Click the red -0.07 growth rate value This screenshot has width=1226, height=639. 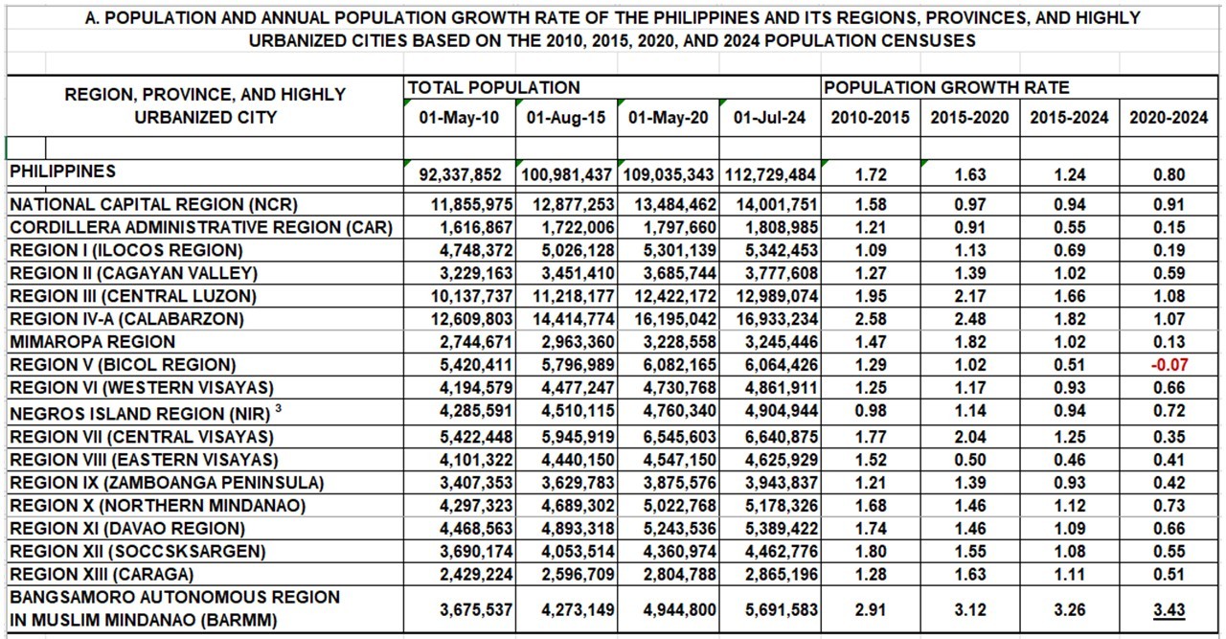tap(1169, 365)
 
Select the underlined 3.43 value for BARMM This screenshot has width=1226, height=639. tap(1169, 609)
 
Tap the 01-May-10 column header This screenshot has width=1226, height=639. tap(459, 118)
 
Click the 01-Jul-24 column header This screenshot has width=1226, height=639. tap(769, 118)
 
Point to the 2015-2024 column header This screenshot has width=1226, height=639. tap(1069, 118)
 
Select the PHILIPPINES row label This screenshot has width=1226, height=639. tap(62, 171)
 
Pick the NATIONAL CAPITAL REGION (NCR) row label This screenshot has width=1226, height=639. tap(153, 204)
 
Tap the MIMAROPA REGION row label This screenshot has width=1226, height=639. tap(93, 342)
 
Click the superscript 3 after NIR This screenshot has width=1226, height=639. tap(278, 409)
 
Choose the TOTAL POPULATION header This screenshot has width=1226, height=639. tap(493, 88)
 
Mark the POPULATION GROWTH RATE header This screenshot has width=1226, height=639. tap(946, 88)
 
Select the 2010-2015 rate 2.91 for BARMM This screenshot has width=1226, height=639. tap(872, 609)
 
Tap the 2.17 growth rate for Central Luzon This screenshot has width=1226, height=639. tap(969, 296)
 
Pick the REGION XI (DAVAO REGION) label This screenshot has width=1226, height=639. tap(127, 529)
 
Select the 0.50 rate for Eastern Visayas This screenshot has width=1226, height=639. tap(969, 460)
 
